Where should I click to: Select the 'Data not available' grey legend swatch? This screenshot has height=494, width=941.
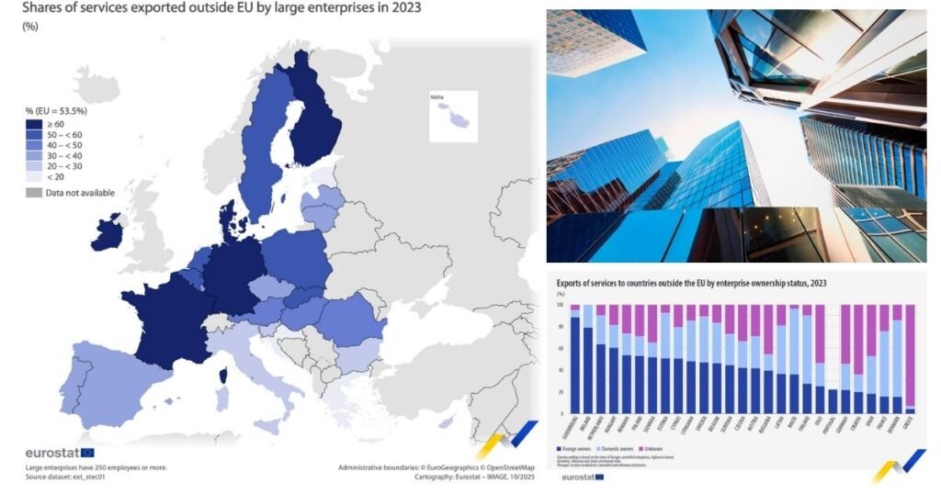pyautogui.click(x=33, y=192)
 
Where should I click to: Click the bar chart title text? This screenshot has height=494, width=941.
pyautogui.click(x=689, y=284)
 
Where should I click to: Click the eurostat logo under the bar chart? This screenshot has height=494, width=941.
pyautogui.click(x=579, y=476)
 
